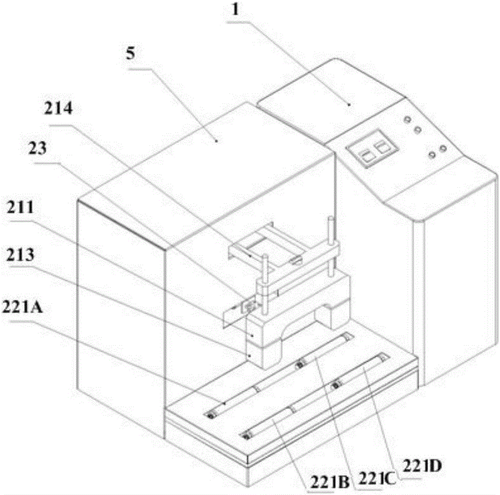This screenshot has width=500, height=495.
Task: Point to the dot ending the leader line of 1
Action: tap(349, 104)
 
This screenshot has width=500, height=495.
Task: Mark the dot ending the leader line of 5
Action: tap(216, 141)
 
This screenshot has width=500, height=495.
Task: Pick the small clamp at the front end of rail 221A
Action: tap(211, 415)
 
